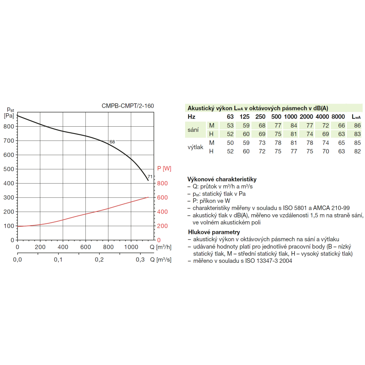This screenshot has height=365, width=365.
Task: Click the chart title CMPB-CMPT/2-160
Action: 128,106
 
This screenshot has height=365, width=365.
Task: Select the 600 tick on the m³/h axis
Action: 85,247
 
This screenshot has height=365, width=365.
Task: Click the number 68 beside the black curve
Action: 112,142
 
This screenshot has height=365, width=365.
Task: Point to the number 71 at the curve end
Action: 150,177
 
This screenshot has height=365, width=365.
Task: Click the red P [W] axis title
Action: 164,168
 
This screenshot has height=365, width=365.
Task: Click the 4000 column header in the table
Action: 322,117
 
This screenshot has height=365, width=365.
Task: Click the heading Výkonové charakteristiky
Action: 222,180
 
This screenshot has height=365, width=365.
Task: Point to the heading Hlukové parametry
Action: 214,232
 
